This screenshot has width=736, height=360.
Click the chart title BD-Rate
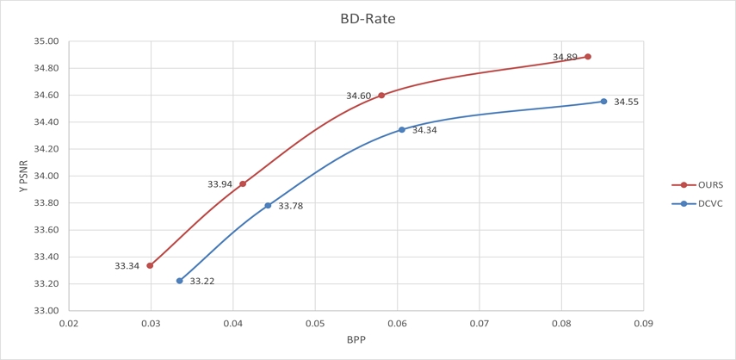click(x=368, y=18)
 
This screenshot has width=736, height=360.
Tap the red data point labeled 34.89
click(x=588, y=57)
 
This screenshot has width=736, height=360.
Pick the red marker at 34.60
click(x=381, y=96)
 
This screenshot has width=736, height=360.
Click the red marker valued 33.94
click(x=243, y=183)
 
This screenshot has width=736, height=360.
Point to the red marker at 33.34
click(x=150, y=265)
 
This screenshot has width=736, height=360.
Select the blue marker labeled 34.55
click(x=603, y=102)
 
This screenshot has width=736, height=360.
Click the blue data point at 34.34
click(x=401, y=130)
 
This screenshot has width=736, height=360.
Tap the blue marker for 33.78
click(x=268, y=206)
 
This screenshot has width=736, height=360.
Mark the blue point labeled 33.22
click(x=179, y=281)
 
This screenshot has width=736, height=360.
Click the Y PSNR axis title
click(x=23, y=176)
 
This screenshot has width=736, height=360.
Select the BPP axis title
click(x=356, y=340)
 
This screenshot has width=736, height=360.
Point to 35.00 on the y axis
click(x=46, y=41)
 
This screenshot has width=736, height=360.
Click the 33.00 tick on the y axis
click(x=46, y=311)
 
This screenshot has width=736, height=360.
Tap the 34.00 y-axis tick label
click(x=46, y=177)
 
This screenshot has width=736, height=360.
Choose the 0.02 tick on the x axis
click(x=68, y=324)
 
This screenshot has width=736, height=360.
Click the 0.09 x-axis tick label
click(x=643, y=324)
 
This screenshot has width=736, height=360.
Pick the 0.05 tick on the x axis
click(x=315, y=324)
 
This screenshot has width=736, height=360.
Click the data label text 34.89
click(x=565, y=58)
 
